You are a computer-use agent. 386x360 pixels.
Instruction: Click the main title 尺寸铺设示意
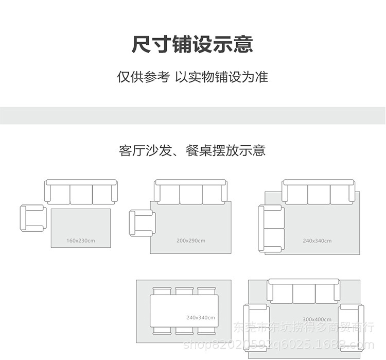(x=192, y=44)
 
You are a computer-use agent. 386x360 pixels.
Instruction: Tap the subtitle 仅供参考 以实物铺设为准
(x=192, y=78)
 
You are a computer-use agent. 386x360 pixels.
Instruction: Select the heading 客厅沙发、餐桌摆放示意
(x=192, y=151)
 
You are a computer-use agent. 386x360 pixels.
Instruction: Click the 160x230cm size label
(x=80, y=241)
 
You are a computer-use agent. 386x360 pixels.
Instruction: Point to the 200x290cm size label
(x=190, y=241)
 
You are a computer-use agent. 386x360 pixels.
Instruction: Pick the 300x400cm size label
(x=317, y=319)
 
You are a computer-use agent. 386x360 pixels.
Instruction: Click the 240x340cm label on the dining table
(x=201, y=318)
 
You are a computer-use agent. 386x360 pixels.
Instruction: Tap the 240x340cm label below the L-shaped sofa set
(x=317, y=241)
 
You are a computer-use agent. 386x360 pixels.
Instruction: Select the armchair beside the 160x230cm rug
(x=32, y=218)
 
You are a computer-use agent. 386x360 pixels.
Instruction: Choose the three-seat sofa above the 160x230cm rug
(x=81, y=192)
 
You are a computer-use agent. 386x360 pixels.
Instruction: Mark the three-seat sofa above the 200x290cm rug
(x=190, y=192)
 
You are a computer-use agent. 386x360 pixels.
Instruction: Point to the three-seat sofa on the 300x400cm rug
(x=304, y=292)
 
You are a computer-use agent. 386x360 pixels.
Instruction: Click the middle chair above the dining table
(x=184, y=291)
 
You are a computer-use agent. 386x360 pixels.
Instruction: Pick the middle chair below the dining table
(x=184, y=330)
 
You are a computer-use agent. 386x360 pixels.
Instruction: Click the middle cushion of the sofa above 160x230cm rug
(x=81, y=194)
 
